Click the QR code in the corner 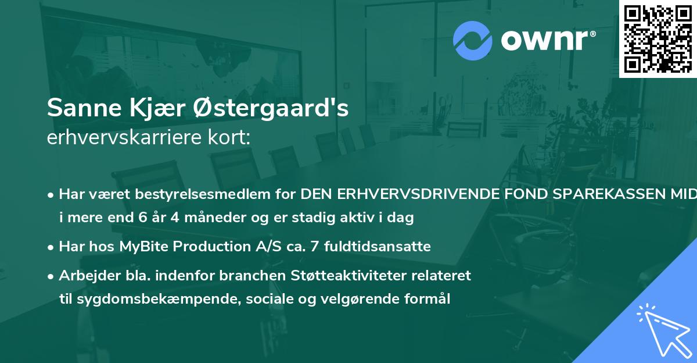658,39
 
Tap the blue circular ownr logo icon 473,41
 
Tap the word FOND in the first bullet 516,194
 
